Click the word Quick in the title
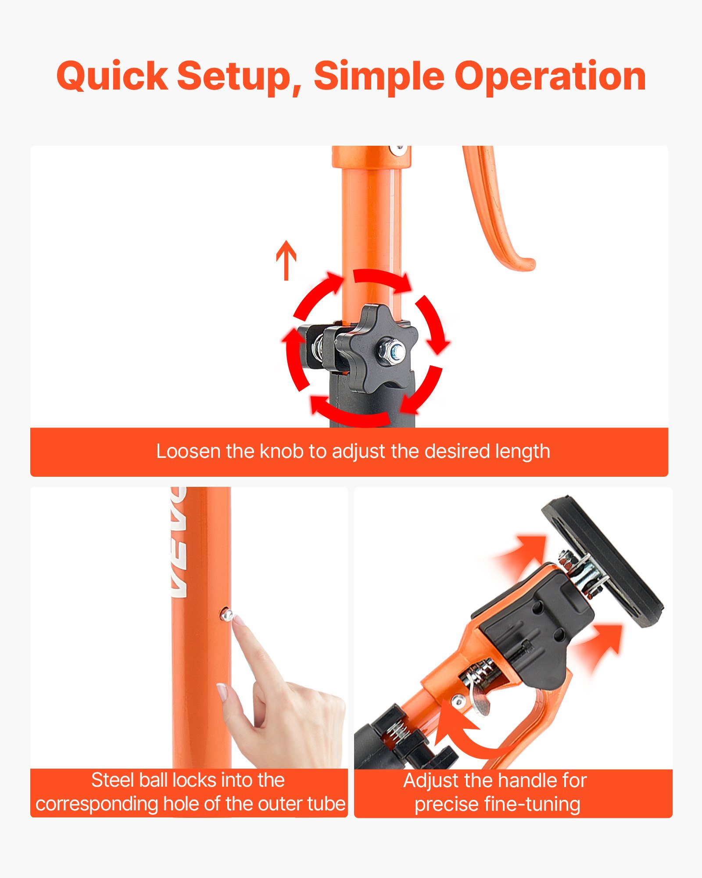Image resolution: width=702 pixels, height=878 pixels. coord(112,76)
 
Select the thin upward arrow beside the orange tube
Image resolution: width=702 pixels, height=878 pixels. coord(286,260)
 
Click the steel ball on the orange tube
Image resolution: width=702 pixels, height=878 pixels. coord(227,615)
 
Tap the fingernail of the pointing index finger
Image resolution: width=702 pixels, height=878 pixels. coord(239,620)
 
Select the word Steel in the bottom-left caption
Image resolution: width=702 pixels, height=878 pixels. coord(113,780)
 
